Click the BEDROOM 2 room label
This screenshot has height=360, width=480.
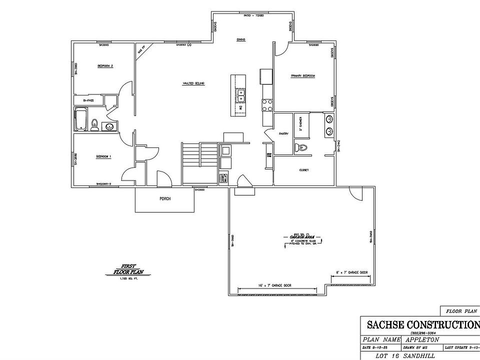click(x=105, y=66)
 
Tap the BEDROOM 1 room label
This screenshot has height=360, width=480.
click(x=103, y=156)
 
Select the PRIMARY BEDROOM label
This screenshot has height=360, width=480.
click(x=303, y=76)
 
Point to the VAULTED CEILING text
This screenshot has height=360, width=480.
click(x=194, y=83)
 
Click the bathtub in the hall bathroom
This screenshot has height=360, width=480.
click(x=81, y=120)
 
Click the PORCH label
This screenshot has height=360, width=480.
click(x=165, y=198)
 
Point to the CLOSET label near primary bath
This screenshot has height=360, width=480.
click(x=303, y=170)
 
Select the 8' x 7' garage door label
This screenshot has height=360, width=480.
click(x=352, y=272)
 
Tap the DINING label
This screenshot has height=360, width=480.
click(x=240, y=39)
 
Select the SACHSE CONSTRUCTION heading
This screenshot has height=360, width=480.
click(x=423, y=324)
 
